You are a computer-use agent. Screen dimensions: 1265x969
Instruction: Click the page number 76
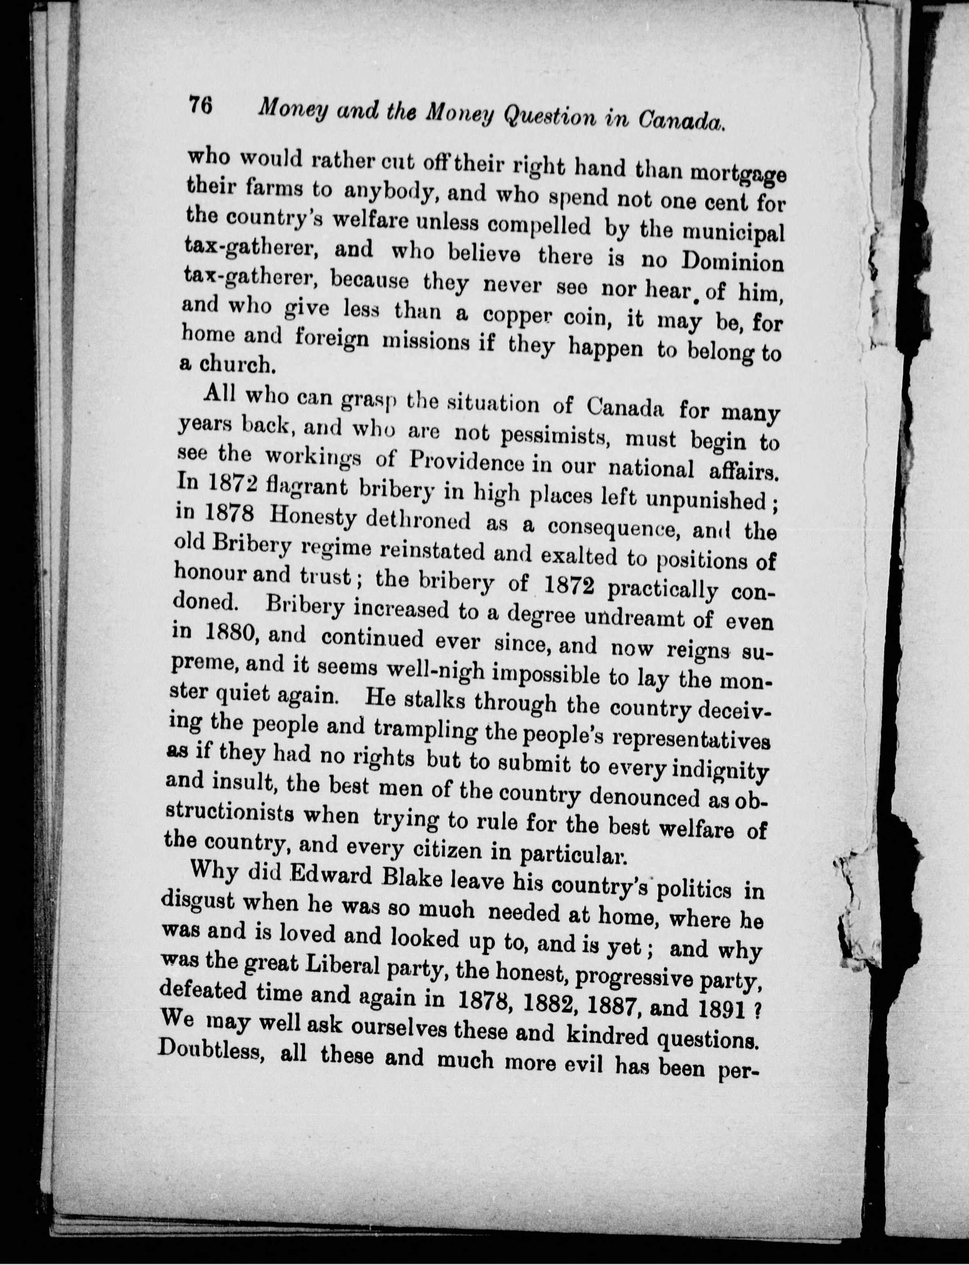point(200,107)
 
